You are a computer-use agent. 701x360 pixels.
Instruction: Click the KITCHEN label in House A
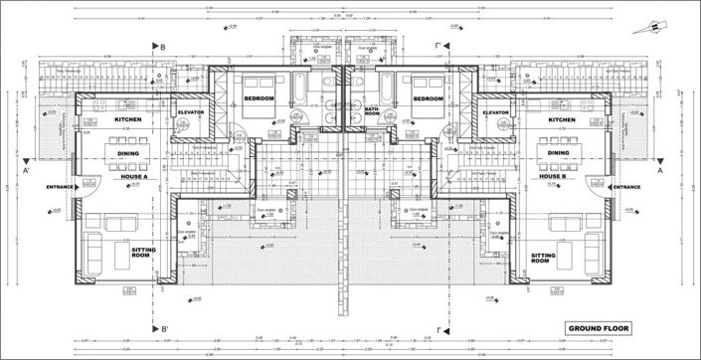coord(128,120)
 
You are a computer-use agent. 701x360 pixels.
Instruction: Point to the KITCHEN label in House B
coord(562,120)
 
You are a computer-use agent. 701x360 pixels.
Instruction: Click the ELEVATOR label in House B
coord(496,112)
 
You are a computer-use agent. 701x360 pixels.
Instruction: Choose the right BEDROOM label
coord(427,99)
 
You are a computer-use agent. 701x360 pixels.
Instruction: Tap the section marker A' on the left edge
coord(29,170)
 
